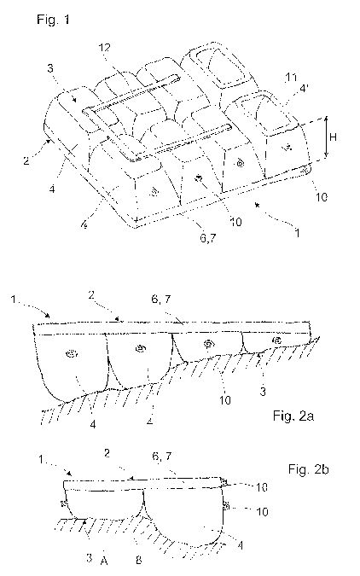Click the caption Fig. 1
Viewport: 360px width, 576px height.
(53, 19)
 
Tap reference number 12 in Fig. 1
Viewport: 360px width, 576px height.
(104, 48)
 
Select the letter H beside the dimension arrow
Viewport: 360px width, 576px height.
(333, 137)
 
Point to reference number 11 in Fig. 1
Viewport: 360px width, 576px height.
(291, 78)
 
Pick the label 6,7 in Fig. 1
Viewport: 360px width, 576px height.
(207, 238)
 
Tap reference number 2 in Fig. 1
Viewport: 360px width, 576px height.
(26, 160)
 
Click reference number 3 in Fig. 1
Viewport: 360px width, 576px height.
(50, 68)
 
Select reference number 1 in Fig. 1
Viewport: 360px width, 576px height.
(297, 232)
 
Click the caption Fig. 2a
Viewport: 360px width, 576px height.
(293, 416)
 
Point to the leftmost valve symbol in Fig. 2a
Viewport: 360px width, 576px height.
(72, 354)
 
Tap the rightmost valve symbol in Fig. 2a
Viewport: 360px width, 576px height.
(277, 340)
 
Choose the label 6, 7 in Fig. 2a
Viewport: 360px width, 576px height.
(161, 300)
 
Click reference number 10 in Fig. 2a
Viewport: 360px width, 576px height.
(225, 400)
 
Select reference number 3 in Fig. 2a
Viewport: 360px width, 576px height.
(262, 392)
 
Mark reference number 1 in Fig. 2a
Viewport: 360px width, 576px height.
(14, 300)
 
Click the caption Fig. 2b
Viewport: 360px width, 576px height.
(308, 469)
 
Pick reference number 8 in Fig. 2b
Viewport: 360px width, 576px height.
(138, 560)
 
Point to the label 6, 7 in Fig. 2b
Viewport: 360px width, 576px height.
(161, 457)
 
